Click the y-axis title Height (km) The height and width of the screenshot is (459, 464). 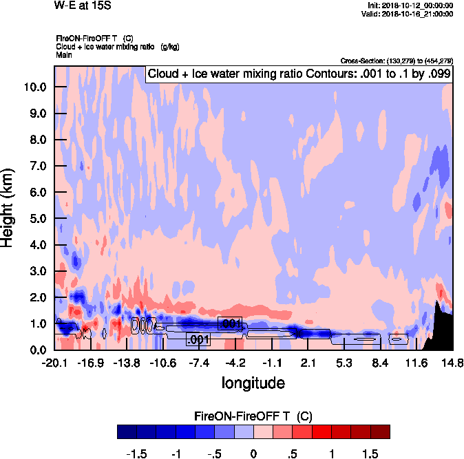8,207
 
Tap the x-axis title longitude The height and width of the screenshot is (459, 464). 253,383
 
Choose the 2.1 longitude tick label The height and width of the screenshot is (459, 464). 308,363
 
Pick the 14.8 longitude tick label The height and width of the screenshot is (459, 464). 452,363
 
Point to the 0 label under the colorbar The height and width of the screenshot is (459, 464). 253,454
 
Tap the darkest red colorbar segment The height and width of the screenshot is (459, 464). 380,431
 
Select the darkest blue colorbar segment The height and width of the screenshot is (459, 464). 127,431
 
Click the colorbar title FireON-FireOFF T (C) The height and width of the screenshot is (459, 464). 253,416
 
